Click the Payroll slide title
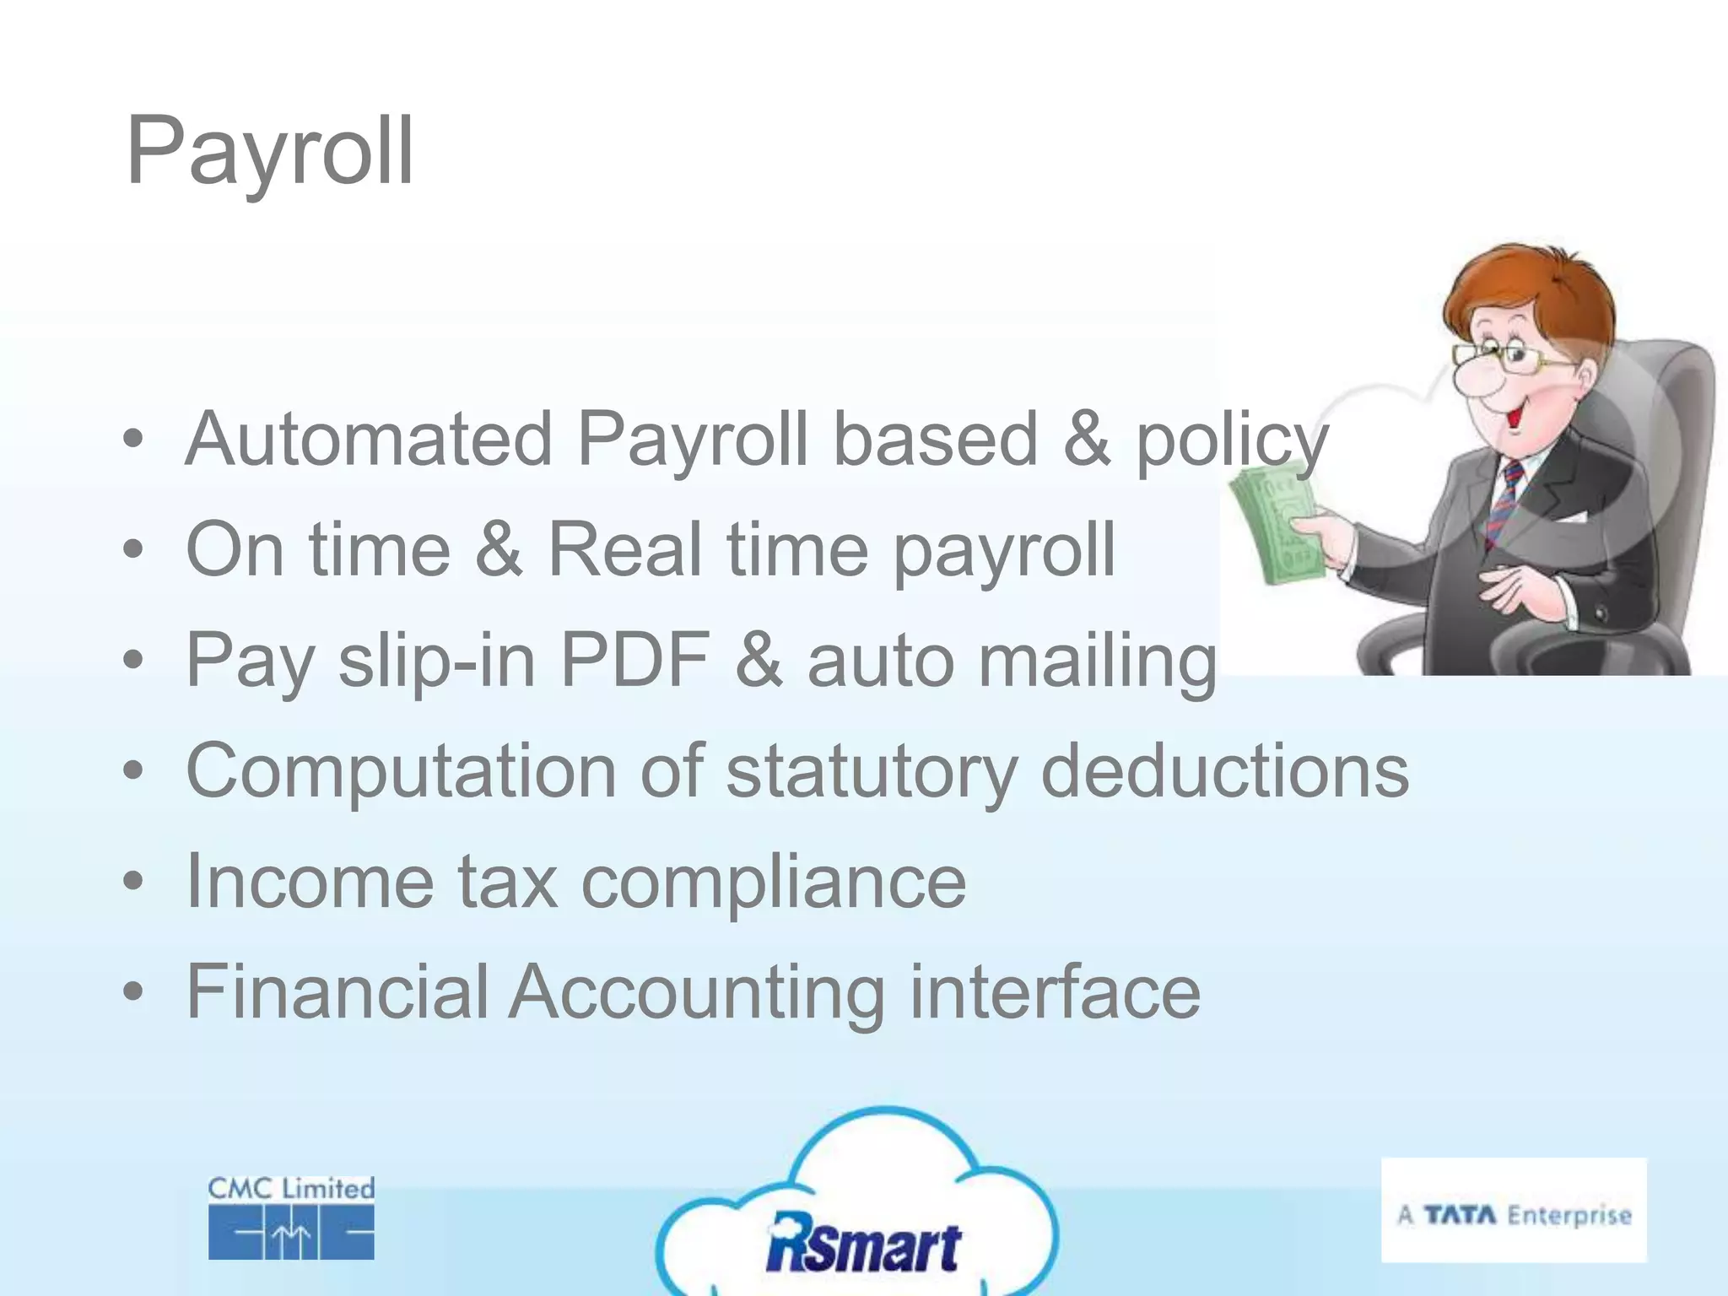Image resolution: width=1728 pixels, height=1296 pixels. point(269,152)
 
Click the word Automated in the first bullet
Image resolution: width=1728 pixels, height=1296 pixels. point(369,439)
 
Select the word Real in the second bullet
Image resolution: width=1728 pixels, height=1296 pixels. point(624,549)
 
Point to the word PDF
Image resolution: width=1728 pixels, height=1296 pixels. point(635,660)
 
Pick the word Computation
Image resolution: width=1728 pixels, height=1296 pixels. point(401,770)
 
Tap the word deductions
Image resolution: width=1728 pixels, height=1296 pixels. point(1224,770)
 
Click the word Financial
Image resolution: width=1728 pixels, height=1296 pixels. point(337,992)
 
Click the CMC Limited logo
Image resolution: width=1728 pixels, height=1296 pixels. point(291,1218)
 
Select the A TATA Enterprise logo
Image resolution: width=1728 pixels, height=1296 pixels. point(1514,1210)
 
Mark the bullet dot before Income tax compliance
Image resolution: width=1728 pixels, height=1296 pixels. point(132,882)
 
